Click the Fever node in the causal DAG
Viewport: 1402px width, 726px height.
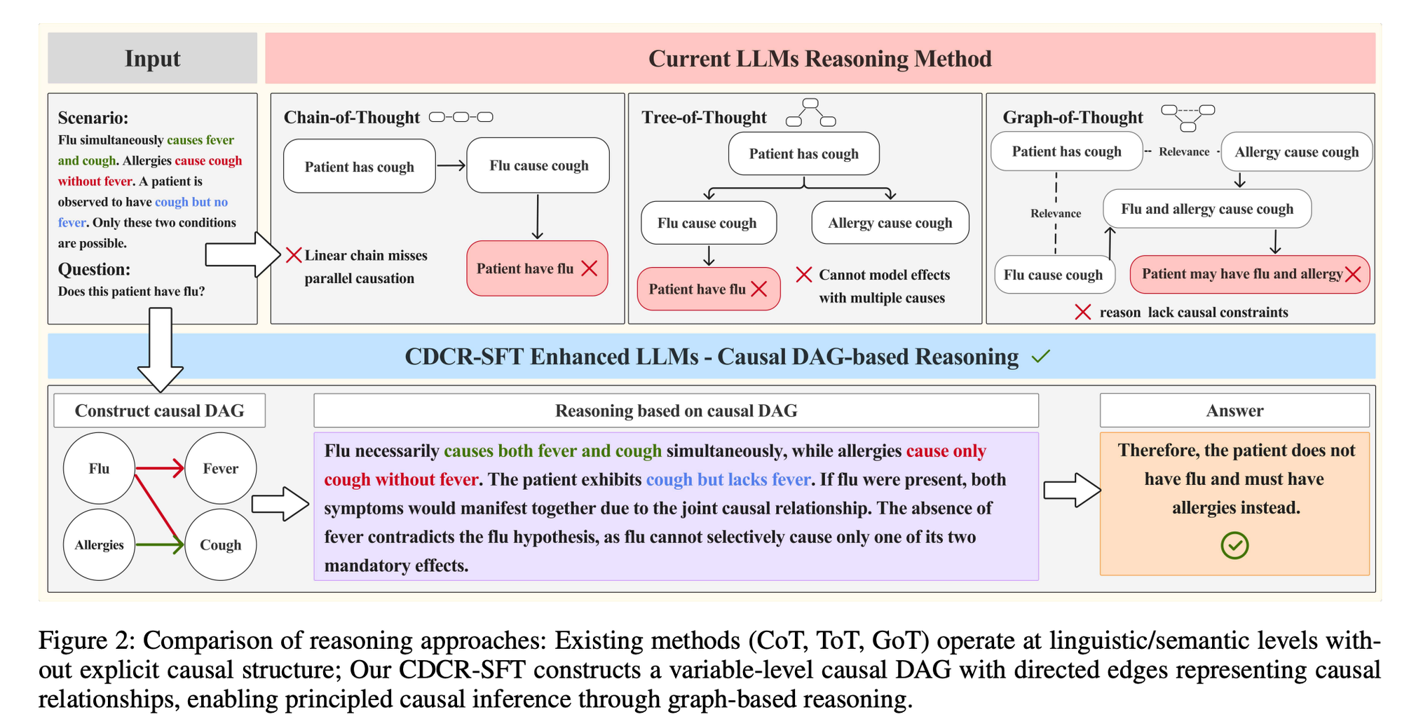(x=220, y=468)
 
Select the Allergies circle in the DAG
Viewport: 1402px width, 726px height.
(x=99, y=544)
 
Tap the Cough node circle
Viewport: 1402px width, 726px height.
(x=220, y=544)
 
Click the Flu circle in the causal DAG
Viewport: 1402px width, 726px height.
(x=99, y=468)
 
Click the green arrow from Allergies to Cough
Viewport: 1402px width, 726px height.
(x=160, y=544)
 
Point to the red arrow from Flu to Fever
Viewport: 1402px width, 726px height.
(x=159, y=467)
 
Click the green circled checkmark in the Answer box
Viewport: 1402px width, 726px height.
(x=1234, y=545)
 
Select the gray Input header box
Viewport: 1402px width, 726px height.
(x=152, y=58)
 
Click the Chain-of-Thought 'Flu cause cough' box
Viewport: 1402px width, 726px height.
(x=538, y=165)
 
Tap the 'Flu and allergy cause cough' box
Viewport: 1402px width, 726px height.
(x=1206, y=209)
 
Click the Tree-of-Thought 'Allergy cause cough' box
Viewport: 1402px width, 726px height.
(x=890, y=223)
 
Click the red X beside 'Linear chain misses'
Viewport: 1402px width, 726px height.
(x=294, y=255)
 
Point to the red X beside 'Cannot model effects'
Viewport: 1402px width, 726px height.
(x=804, y=275)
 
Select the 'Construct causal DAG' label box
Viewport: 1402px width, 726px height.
(x=159, y=411)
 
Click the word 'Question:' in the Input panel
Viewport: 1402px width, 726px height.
(x=94, y=270)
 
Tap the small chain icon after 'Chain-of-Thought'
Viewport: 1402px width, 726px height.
(x=461, y=117)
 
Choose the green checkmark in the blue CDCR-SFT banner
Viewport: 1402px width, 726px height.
(x=1041, y=357)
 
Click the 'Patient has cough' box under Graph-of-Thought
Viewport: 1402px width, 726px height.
(x=1066, y=151)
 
